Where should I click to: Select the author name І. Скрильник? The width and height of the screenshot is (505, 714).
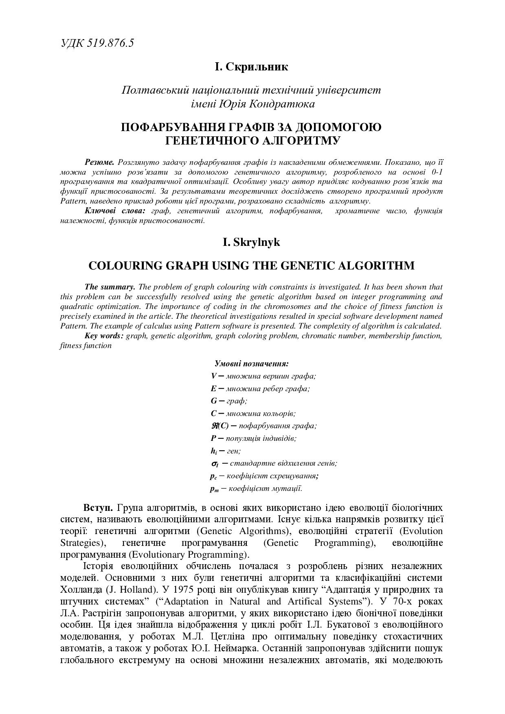(251, 67)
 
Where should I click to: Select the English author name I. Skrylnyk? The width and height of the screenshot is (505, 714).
(251, 242)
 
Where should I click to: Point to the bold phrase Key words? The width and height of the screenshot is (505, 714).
(104, 336)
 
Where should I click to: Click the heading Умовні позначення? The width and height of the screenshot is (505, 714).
(251, 364)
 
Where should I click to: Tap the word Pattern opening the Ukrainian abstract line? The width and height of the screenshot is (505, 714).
(72, 201)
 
